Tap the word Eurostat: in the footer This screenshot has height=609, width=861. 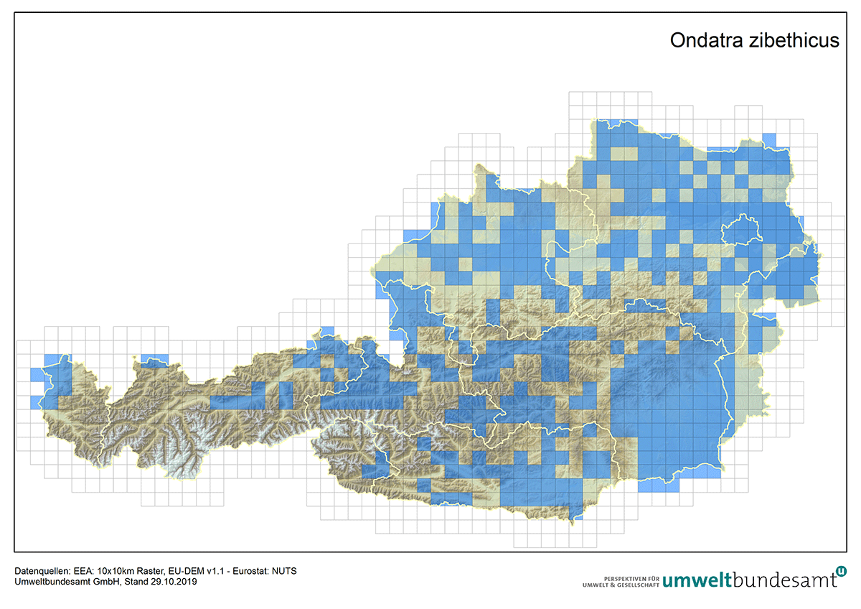[252, 571]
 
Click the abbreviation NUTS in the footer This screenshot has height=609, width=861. [285, 571]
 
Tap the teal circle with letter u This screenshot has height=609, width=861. [841, 571]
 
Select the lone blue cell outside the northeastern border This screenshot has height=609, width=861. [769, 139]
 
